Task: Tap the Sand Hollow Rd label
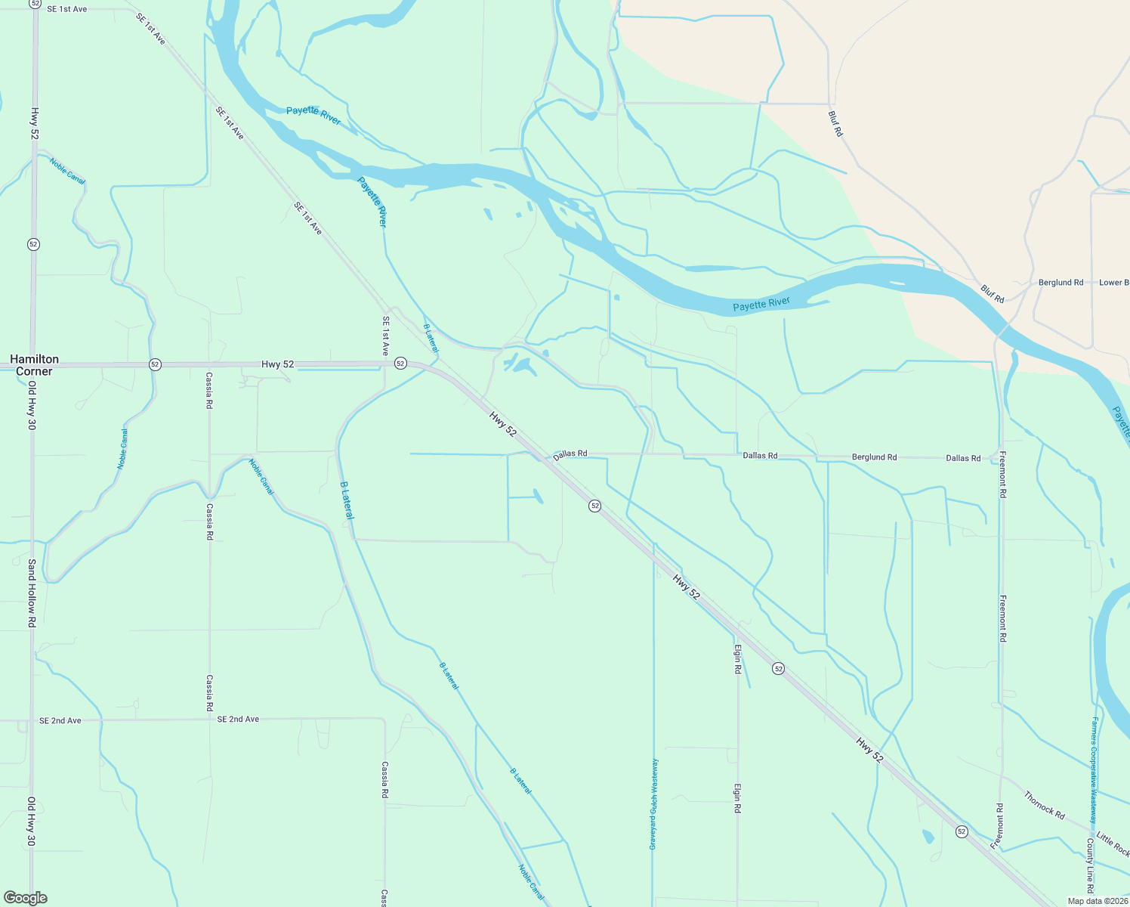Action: pos(32,593)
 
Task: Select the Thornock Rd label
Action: pos(1045,805)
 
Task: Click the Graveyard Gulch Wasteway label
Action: pos(654,803)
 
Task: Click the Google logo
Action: pos(25,898)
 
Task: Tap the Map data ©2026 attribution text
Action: pos(1097,901)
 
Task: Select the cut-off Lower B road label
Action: pos(1113,283)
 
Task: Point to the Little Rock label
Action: pos(1113,844)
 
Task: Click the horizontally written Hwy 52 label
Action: pos(277,364)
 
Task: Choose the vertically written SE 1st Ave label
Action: pos(385,336)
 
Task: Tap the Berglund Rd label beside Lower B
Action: pos(1061,283)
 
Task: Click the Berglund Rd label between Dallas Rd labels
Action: pos(874,457)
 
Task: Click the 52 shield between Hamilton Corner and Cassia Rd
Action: pos(155,364)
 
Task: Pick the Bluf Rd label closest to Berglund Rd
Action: pos(993,294)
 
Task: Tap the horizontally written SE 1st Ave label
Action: pos(67,9)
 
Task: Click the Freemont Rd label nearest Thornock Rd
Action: pos(999,825)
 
